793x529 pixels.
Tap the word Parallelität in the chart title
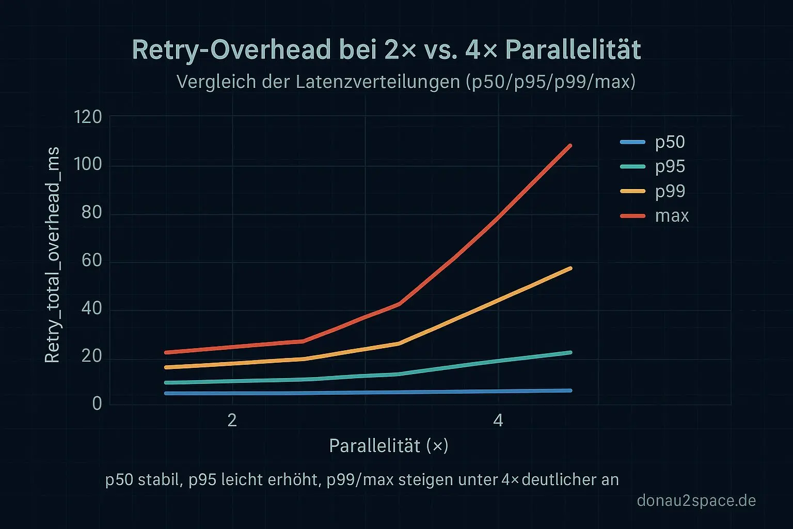(573, 50)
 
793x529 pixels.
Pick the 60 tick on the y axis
(91, 260)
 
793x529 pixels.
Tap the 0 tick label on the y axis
(97, 403)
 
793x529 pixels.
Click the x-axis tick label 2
(232, 421)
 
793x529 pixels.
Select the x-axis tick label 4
(498, 421)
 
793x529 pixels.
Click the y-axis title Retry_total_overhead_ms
(53, 255)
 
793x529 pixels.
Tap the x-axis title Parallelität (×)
(388, 446)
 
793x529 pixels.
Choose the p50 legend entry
(670, 142)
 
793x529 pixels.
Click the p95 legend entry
(670, 166)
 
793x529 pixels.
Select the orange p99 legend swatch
(632, 191)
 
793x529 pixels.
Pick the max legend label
(672, 215)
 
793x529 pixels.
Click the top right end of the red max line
(570, 146)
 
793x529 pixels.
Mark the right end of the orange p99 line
(570, 268)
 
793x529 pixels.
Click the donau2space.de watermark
(696, 501)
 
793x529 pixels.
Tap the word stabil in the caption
(159, 480)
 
